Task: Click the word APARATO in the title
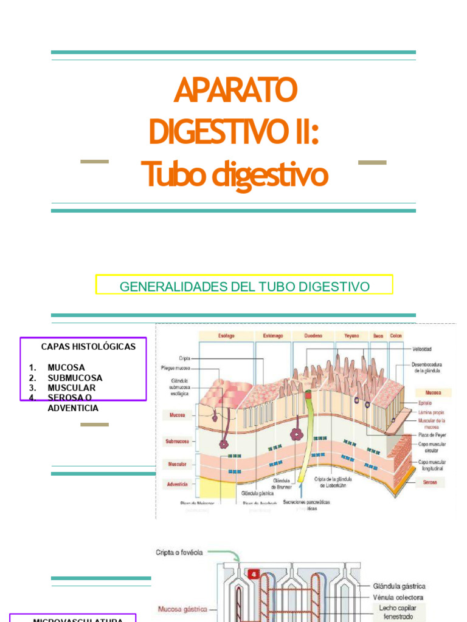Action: pyautogui.click(x=235, y=90)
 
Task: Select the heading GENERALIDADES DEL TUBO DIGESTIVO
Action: pyautogui.click(x=244, y=286)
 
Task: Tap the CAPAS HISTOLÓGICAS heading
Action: pyautogui.click(x=88, y=346)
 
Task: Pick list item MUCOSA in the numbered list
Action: pyautogui.click(x=66, y=367)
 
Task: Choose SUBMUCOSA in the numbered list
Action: pyautogui.click(x=75, y=378)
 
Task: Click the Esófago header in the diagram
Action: pyautogui.click(x=226, y=335)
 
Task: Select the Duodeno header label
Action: pyautogui.click(x=314, y=335)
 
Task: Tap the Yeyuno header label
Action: pyautogui.click(x=351, y=335)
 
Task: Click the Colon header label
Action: pyautogui.click(x=396, y=335)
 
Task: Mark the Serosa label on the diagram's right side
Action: pyautogui.click(x=430, y=482)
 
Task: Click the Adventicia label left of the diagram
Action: pyautogui.click(x=177, y=484)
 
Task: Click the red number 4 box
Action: pyautogui.click(x=253, y=572)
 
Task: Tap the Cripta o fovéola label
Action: pyautogui.click(x=179, y=553)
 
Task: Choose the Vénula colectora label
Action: pyautogui.click(x=398, y=597)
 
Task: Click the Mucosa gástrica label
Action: pyautogui.click(x=182, y=609)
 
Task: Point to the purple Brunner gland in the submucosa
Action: pyautogui.click(x=297, y=434)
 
